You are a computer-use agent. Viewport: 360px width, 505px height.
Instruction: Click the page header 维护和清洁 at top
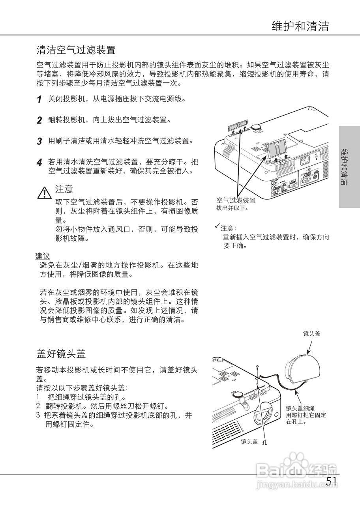[x=300, y=26]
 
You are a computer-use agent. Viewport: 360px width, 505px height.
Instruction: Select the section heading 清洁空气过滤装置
[x=76, y=50]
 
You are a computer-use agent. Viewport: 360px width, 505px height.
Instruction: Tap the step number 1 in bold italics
[x=39, y=99]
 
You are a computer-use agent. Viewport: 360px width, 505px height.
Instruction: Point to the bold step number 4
[x=39, y=163]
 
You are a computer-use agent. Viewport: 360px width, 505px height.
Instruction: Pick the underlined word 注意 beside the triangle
[x=64, y=189]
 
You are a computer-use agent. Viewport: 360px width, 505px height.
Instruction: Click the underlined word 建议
[x=43, y=256]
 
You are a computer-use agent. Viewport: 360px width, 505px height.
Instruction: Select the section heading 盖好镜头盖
[x=61, y=353]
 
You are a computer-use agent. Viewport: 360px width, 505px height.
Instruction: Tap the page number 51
[x=332, y=481]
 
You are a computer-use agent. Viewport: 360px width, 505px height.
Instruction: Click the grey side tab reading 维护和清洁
[x=349, y=167]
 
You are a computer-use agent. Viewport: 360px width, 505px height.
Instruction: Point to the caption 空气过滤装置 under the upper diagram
[x=236, y=200]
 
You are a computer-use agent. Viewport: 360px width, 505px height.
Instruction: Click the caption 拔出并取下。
[x=232, y=208]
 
